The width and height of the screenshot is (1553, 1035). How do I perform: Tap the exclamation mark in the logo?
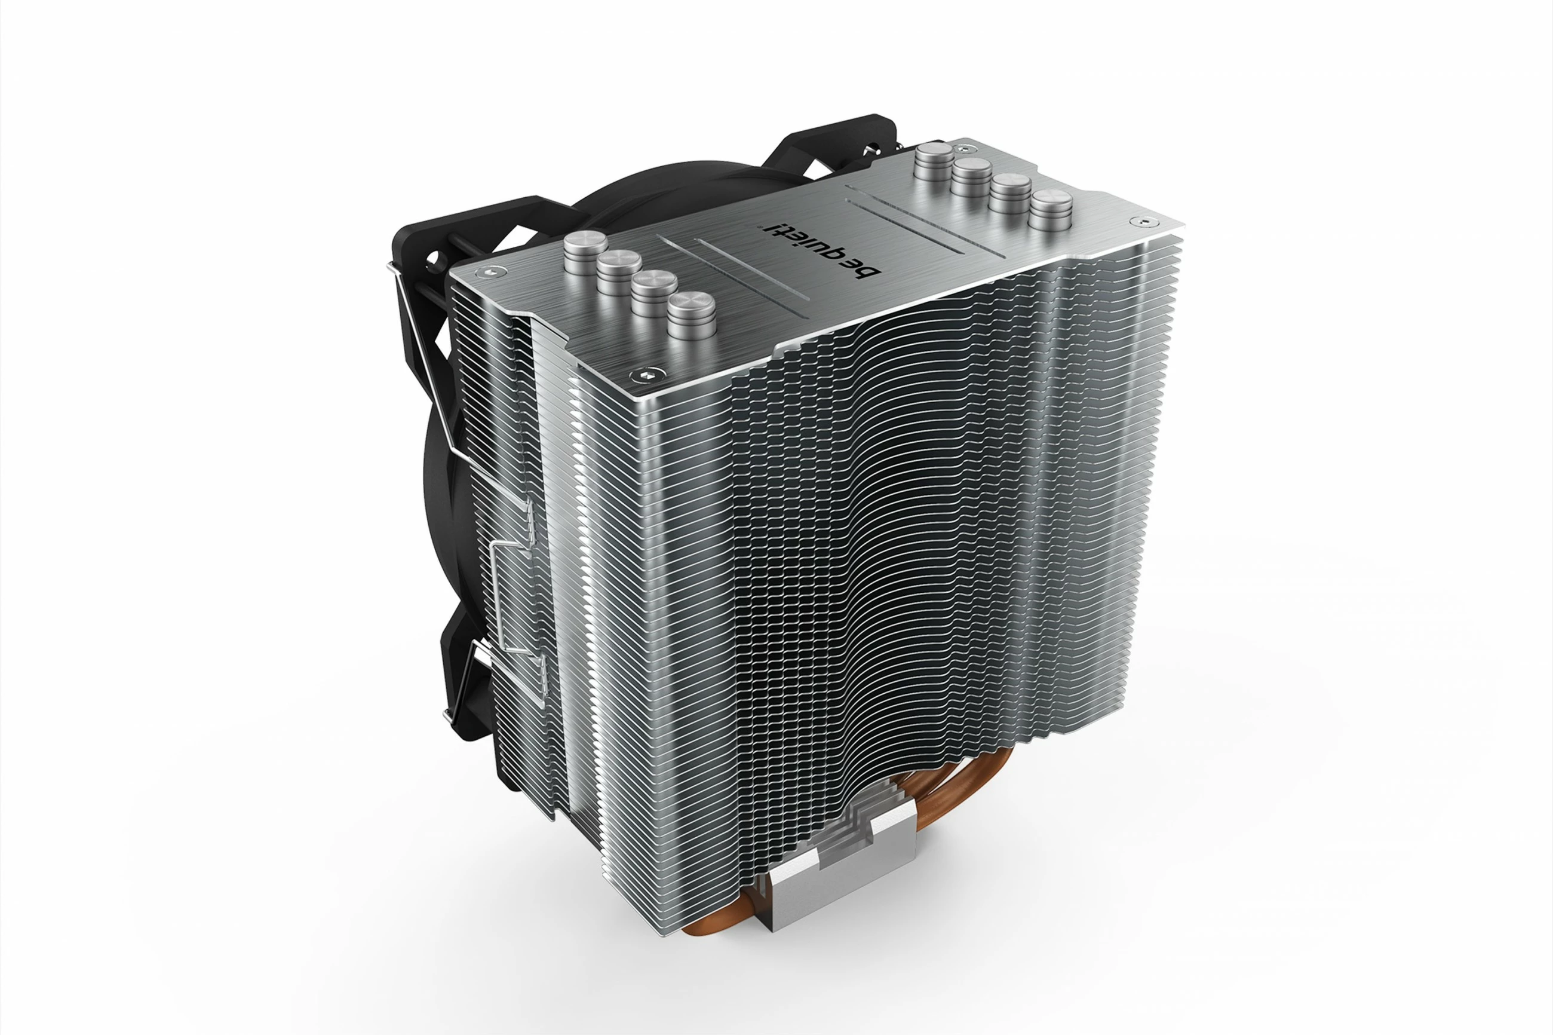point(771,231)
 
